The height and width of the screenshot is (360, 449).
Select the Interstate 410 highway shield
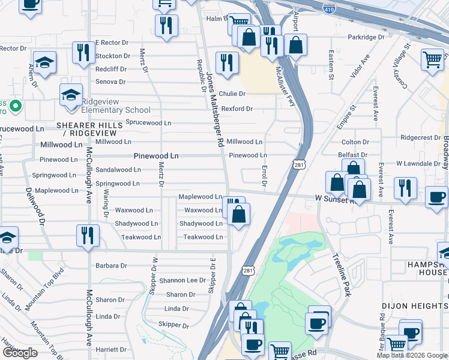coord(334,8)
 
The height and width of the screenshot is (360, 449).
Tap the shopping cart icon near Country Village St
coord(432,59)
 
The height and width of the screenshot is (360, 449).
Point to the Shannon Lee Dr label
coord(182,280)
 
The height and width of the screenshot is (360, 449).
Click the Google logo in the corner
coord(20,353)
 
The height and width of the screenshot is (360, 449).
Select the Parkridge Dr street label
coord(366,37)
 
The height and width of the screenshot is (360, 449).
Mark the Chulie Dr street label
coord(232,94)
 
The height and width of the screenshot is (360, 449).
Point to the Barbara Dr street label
coord(111,265)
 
